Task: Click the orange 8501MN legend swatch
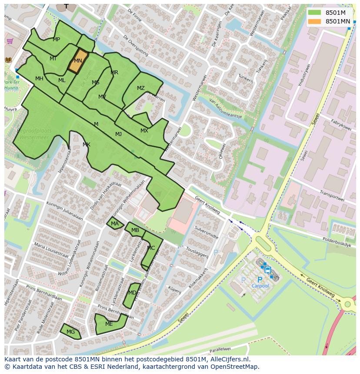[314, 21]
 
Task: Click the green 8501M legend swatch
[314, 13]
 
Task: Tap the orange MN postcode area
[78, 61]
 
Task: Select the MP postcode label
[56, 40]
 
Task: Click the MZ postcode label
[140, 88]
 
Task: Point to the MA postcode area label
[114, 224]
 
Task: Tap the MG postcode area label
[70, 332]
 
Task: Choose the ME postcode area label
[109, 324]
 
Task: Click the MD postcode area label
[132, 293]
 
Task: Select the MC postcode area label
[150, 248]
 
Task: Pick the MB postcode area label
[135, 230]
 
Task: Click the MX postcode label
[144, 131]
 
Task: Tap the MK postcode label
[86, 145]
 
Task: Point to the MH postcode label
[39, 79]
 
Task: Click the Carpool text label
[260, 286]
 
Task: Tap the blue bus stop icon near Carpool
[267, 270]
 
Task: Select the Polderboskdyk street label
[337, 242]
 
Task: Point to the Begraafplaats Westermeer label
[34, 133]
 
